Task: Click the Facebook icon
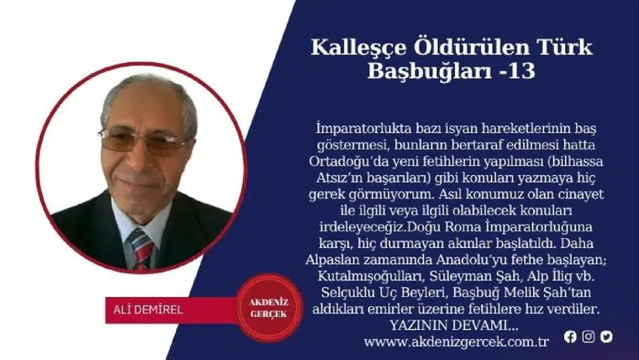570,336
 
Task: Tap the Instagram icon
589,336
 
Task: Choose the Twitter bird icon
606,336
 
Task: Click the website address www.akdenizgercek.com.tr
457,342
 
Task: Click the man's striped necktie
141,246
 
